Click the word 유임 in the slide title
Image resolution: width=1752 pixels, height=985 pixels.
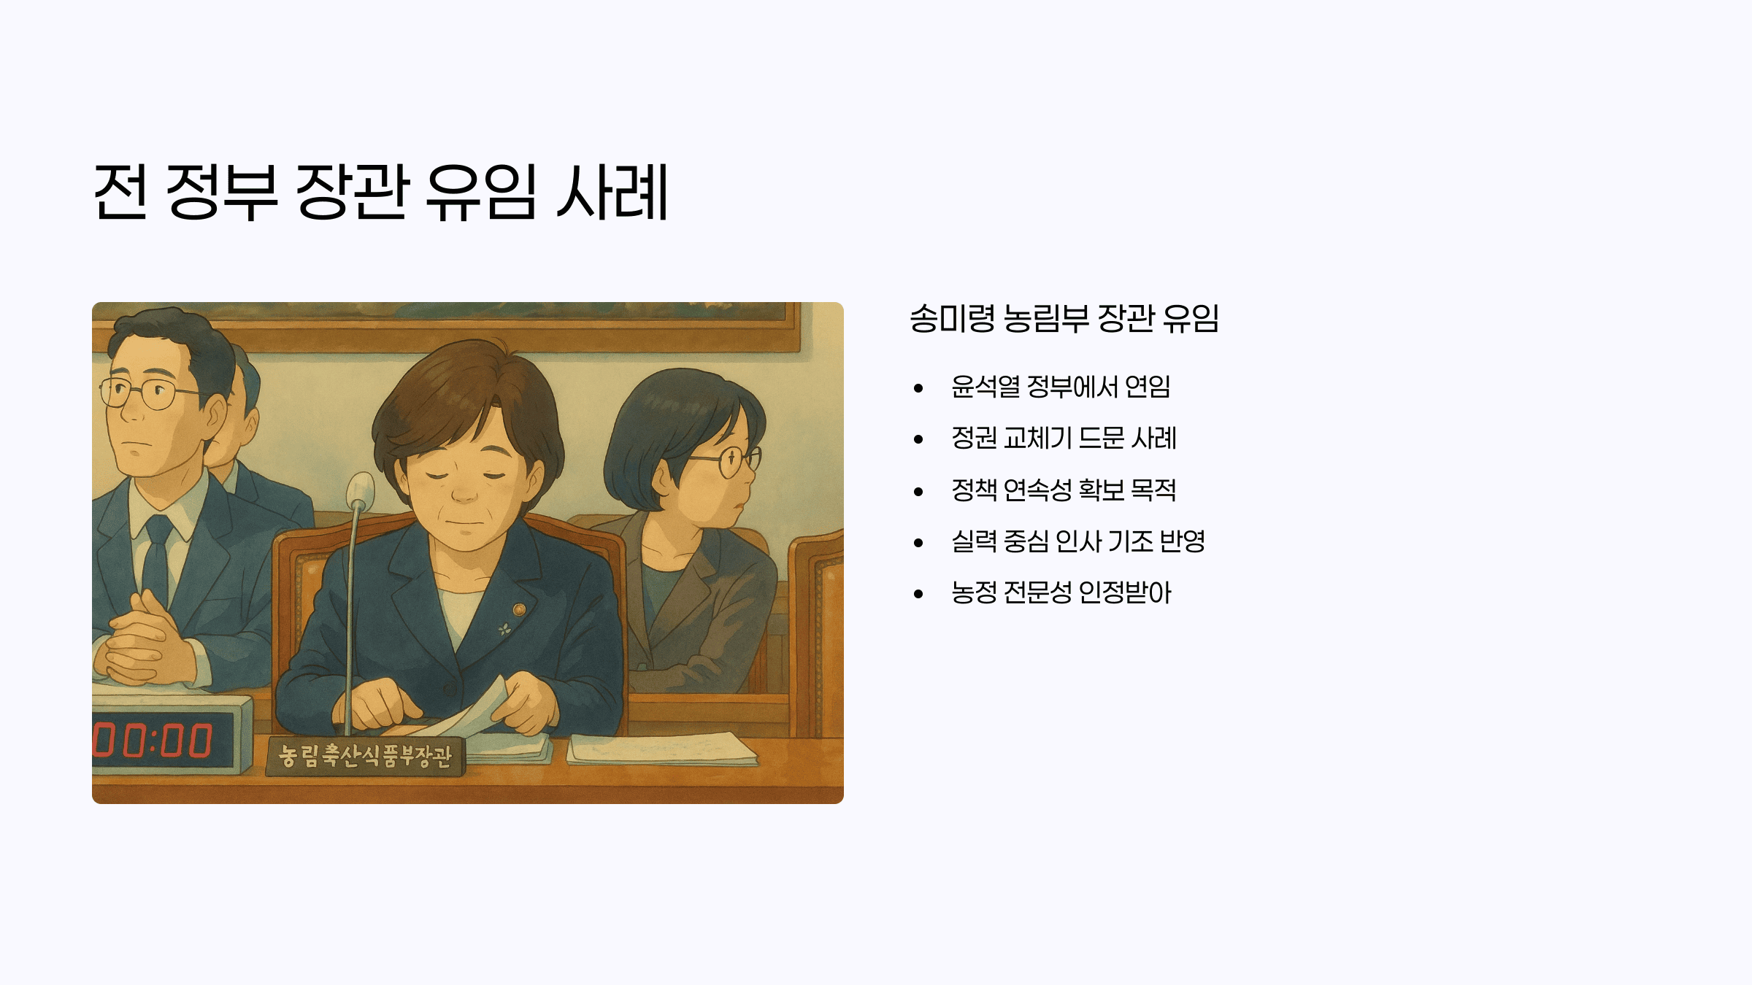point(481,191)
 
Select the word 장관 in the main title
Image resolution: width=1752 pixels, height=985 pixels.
point(351,191)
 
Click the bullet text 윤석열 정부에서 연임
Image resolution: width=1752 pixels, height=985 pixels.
point(1061,387)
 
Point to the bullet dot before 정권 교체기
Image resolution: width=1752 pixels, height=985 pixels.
point(918,439)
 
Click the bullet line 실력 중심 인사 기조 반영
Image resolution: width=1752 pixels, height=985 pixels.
point(1078,541)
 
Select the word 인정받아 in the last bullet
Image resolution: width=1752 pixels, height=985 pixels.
point(1124,592)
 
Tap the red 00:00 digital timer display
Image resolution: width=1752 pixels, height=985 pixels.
point(153,741)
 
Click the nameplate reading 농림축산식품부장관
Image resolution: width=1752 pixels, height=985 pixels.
point(365,756)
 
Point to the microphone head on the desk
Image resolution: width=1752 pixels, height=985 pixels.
point(360,490)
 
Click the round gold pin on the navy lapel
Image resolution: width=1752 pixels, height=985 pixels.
point(519,609)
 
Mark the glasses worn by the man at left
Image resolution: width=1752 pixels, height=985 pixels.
point(146,393)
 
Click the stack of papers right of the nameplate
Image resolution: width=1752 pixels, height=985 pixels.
point(661,749)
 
